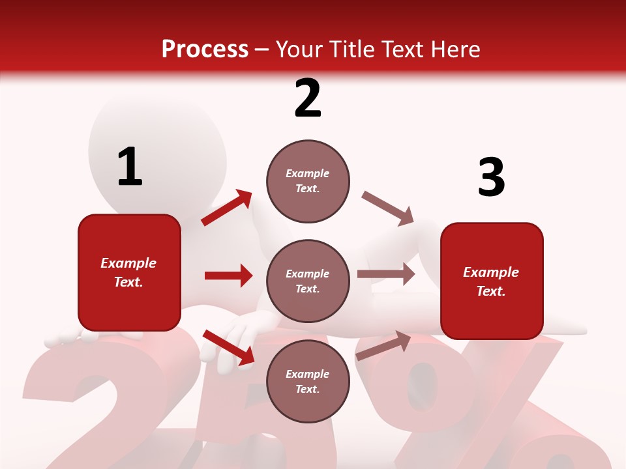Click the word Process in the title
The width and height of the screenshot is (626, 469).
(205, 49)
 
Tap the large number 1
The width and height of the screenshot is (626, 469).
(130, 167)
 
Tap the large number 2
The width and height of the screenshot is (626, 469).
(308, 98)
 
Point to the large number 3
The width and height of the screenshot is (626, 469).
(491, 178)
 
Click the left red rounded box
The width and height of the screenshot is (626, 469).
(129, 272)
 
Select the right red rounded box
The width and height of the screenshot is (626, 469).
(492, 281)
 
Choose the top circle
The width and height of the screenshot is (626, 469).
(308, 181)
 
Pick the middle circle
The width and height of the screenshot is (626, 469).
(308, 281)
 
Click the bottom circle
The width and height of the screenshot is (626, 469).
(308, 381)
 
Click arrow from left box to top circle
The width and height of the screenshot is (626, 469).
(227, 208)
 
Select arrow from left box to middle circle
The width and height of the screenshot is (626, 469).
(228, 276)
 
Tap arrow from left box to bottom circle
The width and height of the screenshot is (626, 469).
(228, 347)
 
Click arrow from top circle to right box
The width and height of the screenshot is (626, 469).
(387, 208)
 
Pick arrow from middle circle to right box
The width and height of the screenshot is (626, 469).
(386, 274)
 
